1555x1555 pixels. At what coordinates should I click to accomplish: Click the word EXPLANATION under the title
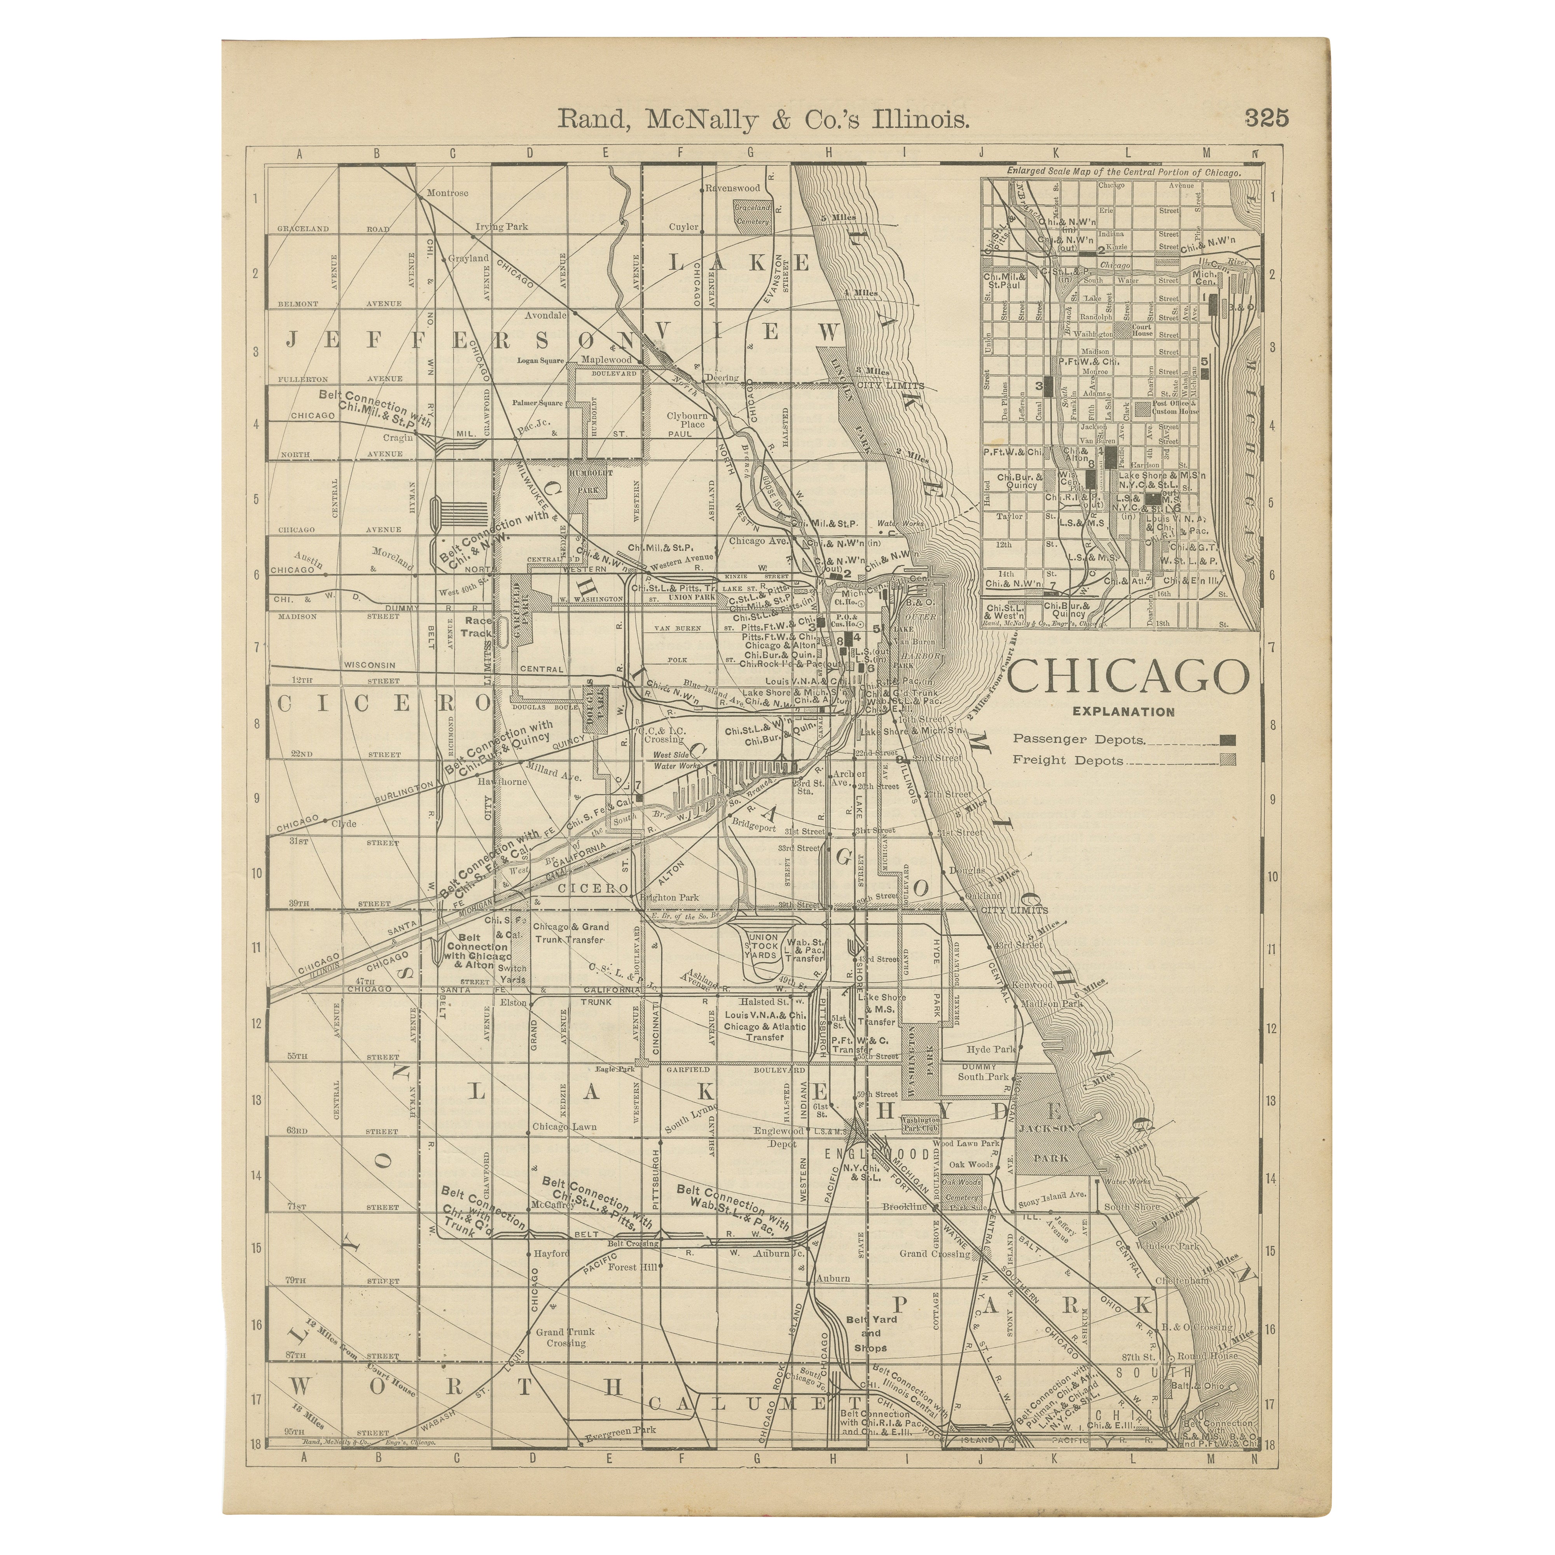(x=1123, y=711)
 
